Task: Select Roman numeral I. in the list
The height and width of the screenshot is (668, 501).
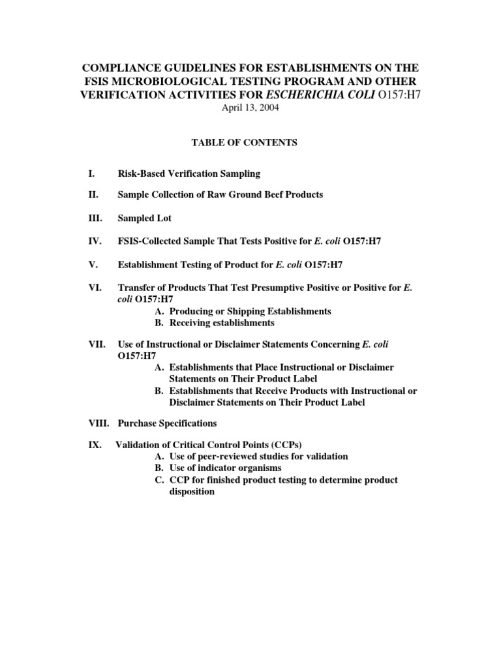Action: click(91, 174)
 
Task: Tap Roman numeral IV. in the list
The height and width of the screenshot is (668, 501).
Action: click(95, 242)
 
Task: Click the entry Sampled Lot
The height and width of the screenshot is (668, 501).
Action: click(144, 219)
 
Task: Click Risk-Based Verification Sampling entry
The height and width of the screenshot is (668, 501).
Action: click(189, 174)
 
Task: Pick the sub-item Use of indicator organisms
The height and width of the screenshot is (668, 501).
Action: click(225, 468)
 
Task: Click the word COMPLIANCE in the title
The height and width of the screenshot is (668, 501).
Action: click(120, 68)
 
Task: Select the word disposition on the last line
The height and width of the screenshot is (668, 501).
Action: click(192, 491)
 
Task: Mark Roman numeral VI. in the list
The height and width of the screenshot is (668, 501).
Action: click(95, 288)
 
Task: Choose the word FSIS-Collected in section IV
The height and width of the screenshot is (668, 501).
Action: click(149, 242)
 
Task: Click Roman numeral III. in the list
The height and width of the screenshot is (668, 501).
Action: click(95, 219)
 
